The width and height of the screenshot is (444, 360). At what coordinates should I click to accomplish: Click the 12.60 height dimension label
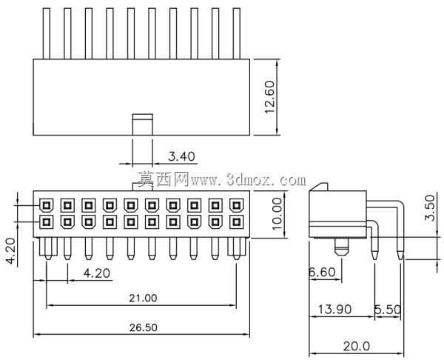[x=270, y=97]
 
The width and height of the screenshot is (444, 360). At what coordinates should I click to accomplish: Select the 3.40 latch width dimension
[x=181, y=156]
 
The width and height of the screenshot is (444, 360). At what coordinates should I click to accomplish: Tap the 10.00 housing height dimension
[x=277, y=214]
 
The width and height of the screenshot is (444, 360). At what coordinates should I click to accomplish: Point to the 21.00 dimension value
[x=143, y=298]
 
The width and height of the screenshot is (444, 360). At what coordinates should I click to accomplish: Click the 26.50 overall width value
[x=144, y=327]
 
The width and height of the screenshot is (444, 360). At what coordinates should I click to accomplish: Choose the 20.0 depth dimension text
[x=357, y=346]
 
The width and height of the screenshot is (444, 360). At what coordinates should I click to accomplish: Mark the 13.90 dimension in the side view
[x=334, y=310]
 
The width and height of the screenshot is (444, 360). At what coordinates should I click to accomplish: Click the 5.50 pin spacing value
[x=388, y=310]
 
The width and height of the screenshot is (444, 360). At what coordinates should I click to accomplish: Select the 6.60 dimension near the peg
[x=322, y=272]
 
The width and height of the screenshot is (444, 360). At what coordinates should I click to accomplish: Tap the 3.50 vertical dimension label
[x=429, y=208]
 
